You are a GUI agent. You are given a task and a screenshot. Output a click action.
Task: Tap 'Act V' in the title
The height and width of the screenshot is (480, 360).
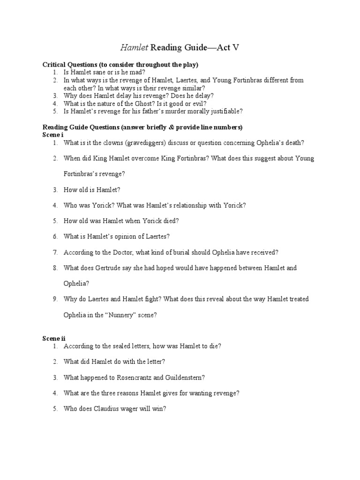(x=227, y=47)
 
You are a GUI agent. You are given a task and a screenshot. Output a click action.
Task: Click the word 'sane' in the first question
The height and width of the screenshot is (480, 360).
(x=98, y=73)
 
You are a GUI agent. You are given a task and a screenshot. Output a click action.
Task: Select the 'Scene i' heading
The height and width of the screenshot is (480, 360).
(x=53, y=135)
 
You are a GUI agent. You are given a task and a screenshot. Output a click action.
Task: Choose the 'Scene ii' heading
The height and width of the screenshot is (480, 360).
(x=54, y=338)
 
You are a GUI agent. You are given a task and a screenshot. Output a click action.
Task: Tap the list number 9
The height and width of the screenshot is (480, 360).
(x=55, y=299)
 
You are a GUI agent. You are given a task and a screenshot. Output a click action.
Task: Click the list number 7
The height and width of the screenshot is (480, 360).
(x=55, y=252)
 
